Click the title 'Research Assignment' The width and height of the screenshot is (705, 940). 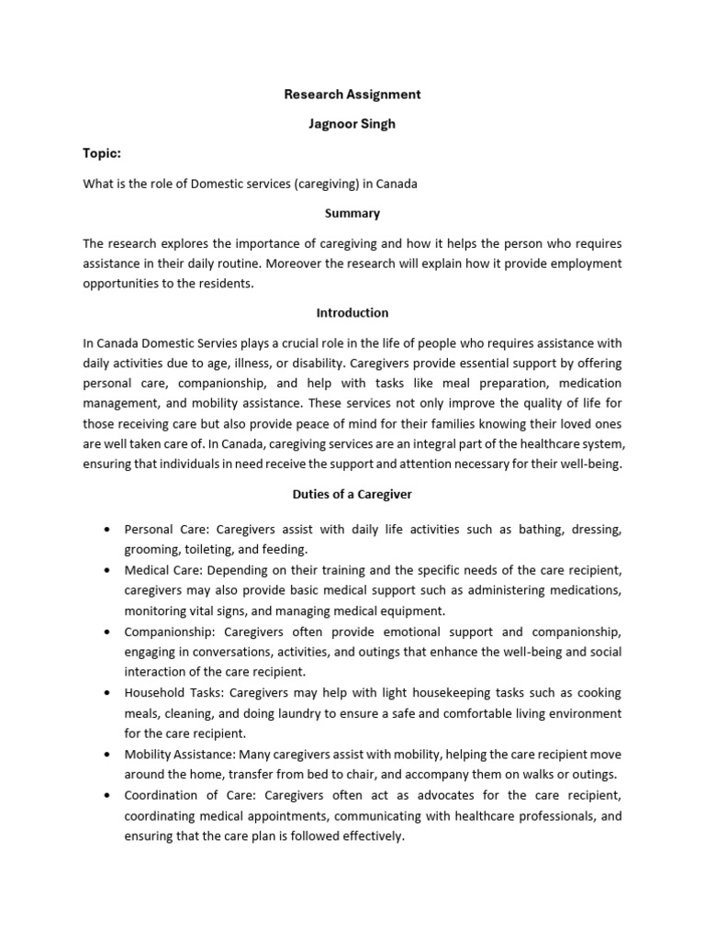(x=352, y=94)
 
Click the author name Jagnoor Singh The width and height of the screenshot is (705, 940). (x=352, y=124)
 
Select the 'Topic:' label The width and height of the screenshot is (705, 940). (x=102, y=153)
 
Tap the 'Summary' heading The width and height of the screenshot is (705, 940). (x=352, y=213)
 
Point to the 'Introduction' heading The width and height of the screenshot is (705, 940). (x=352, y=312)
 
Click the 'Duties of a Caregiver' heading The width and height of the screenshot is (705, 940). (x=352, y=494)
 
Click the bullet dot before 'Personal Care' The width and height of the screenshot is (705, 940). (x=108, y=530)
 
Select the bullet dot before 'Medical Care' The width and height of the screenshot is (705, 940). (x=108, y=570)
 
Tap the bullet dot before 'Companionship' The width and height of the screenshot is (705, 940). (x=108, y=632)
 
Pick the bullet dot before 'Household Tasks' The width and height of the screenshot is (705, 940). (x=108, y=692)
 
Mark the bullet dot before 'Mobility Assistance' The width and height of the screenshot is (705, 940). (x=108, y=754)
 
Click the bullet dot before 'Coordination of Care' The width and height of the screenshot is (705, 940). (x=108, y=794)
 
